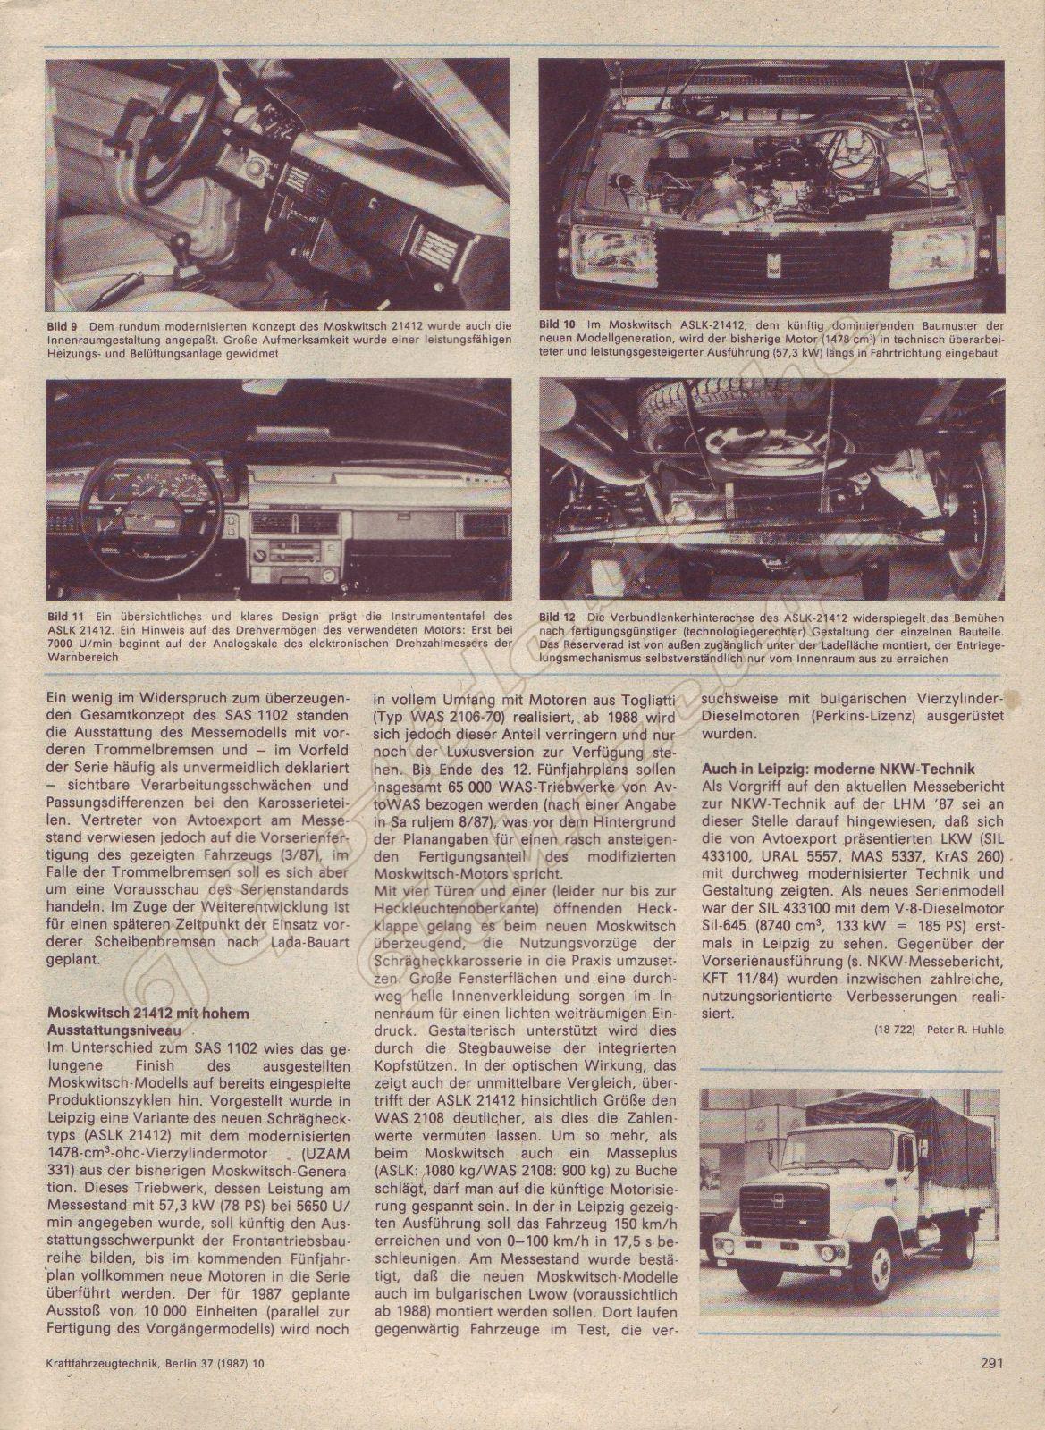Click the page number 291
tap(990, 1388)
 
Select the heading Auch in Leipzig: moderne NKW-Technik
tap(826, 769)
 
